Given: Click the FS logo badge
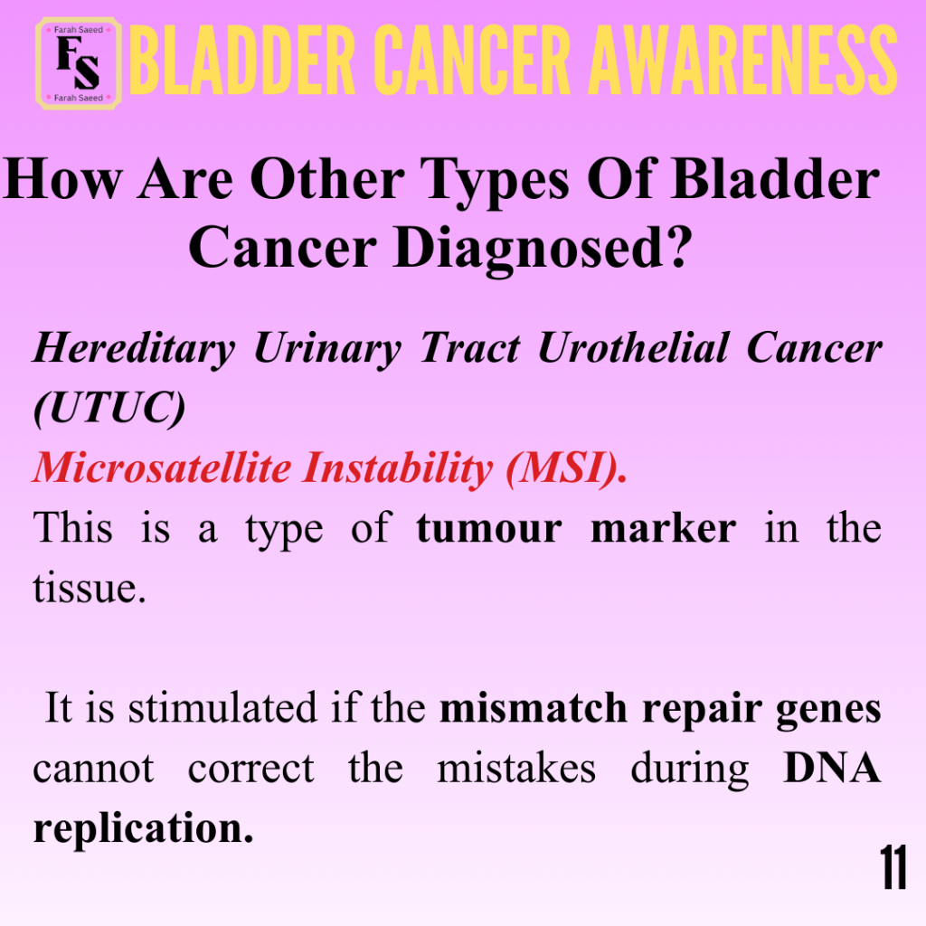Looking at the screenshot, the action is tap(79, 64).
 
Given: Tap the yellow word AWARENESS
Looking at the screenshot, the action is tap(743, 61).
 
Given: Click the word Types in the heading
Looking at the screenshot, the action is tap(495, 181).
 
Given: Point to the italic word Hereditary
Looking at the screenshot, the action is tap(134, 349).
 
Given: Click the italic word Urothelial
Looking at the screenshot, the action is tap(634, 347).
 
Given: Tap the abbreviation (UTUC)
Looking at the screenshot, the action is tap(109, 408).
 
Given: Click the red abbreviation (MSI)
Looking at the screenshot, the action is tap(566, 468).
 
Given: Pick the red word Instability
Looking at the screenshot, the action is tap(397, 468).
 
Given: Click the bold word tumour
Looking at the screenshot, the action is tap(489, 528).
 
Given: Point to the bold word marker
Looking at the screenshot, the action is tap(663, 527).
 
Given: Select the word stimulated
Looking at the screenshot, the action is tap(223, 707).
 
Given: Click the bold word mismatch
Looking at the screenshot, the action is tap(534, 707).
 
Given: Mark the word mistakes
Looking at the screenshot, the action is tap(516, 768).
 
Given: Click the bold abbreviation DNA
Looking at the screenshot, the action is tap(832, 768).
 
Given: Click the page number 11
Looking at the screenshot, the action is tap(893, 866).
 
